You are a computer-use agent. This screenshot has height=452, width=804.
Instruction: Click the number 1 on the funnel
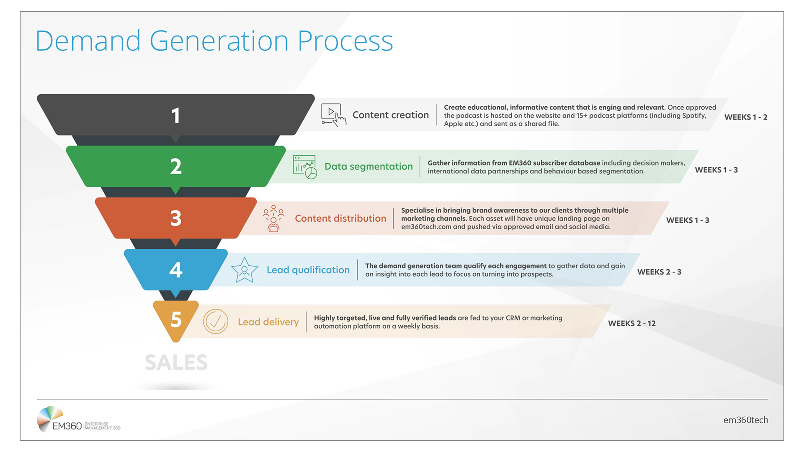(x=175, y=116)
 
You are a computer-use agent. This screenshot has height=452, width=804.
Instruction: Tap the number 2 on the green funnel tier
(x=176, y=167)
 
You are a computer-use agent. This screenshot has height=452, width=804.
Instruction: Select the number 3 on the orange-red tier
(x=176, y=218)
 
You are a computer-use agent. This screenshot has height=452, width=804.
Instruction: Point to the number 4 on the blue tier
(x=176, y=270)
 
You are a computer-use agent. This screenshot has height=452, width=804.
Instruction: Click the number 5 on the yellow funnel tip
(x=176, y=320)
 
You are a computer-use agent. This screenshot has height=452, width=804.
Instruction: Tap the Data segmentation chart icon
(x=305, y=167)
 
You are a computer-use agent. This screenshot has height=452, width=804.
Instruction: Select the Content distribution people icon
(x=273, y=218)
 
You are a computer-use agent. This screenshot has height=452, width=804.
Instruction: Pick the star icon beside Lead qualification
(x=244, y=270)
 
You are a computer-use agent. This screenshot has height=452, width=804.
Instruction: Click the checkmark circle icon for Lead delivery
(x=215, y=321)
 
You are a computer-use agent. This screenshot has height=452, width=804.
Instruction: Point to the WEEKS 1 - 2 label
(x=745, y=117)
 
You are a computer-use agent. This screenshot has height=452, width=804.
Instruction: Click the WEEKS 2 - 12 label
(x=631, y=324)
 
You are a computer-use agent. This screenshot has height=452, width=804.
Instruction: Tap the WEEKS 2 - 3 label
(x=659, y=272)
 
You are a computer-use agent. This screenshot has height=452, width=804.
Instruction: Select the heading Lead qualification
(x=308, y=270)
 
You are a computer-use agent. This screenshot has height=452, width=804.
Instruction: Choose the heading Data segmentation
(x=368, y=167)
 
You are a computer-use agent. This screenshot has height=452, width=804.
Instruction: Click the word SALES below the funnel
(x=176, y=362)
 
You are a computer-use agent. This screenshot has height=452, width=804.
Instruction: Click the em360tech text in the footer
(x=745, y=420)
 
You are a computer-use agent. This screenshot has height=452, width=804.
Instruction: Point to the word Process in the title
(x=345, y=41)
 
